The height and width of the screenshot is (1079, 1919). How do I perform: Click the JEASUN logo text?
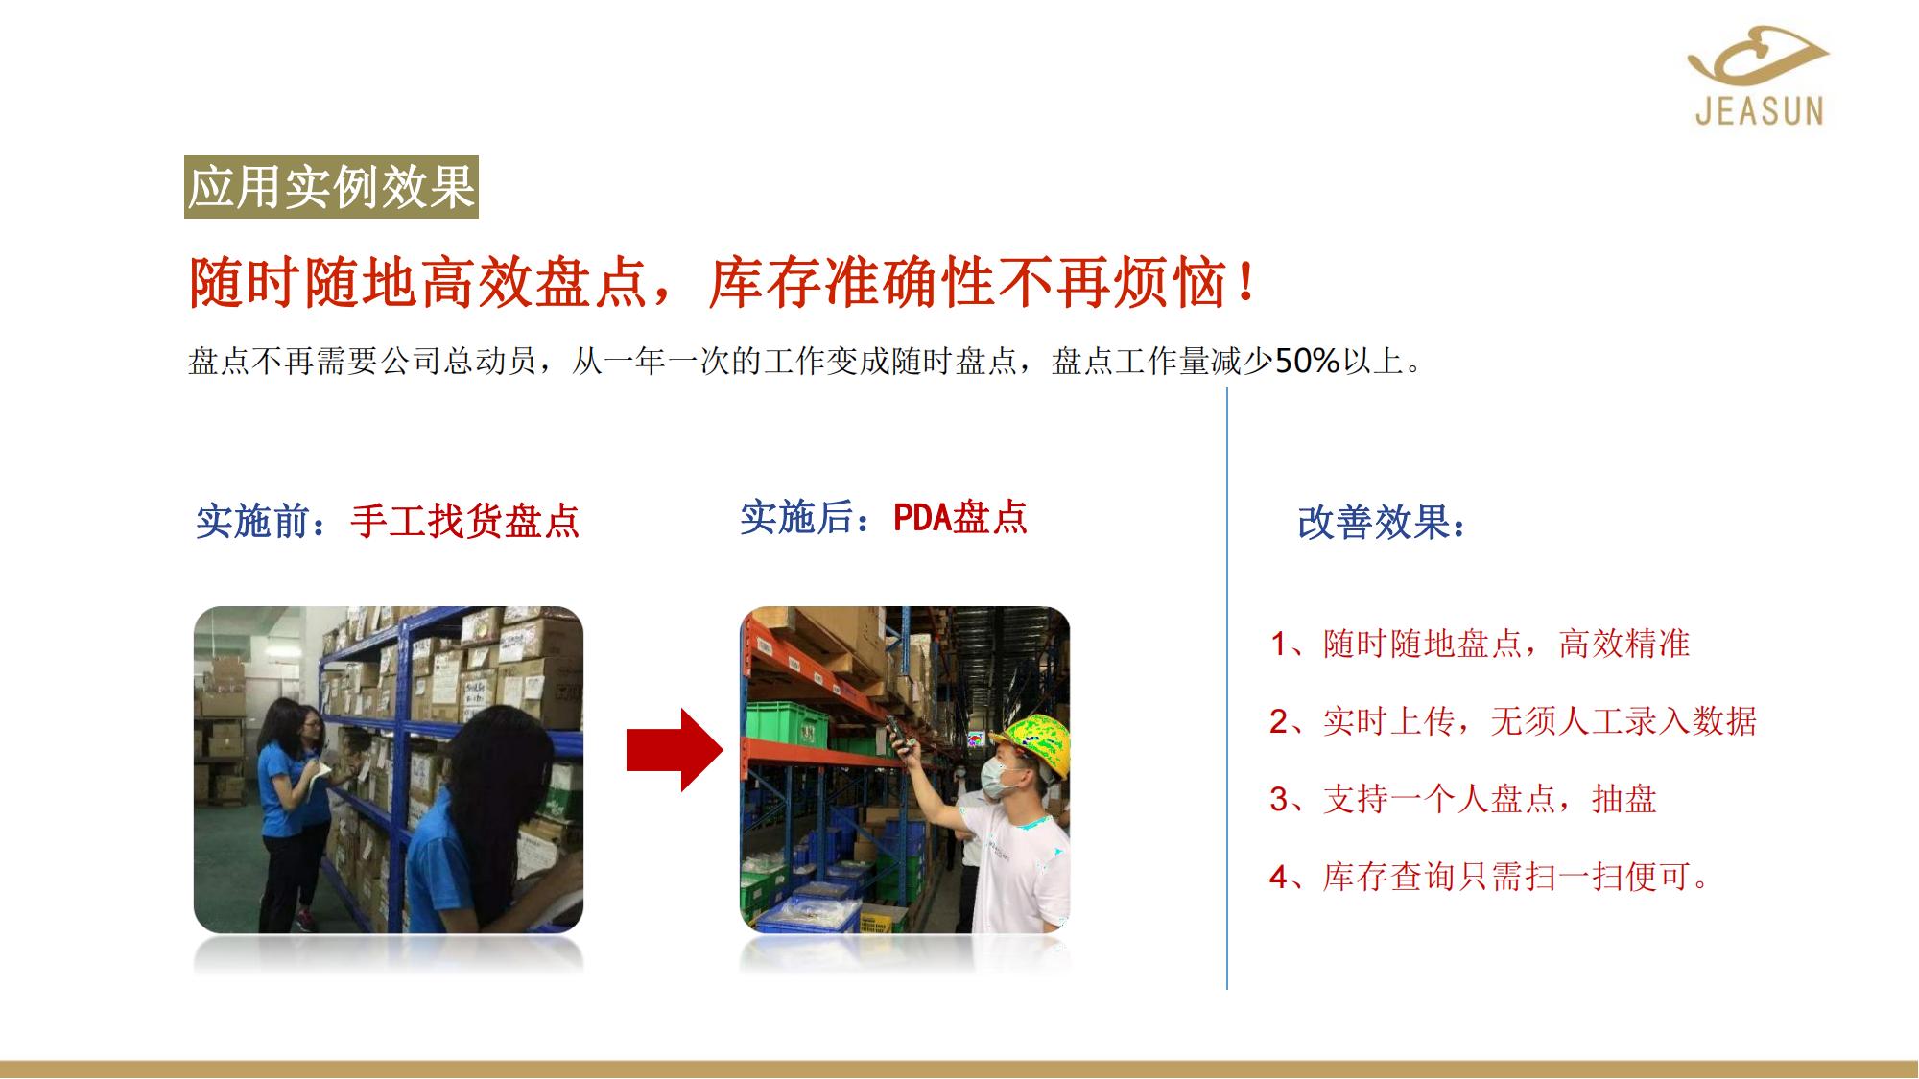click(1759, 110)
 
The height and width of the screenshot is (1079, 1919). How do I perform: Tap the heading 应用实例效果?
click(331, 187)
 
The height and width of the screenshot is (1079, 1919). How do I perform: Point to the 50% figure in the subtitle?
click(1307, 361)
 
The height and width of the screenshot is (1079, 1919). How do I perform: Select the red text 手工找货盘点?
click(465, 521)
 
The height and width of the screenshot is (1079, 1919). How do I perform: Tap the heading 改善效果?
click(1382, 523)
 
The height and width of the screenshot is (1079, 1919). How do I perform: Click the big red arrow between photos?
click(675, 750)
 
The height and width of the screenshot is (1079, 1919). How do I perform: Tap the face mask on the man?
click(999, 774)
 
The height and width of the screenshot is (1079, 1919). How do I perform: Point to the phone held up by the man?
click(897, 735)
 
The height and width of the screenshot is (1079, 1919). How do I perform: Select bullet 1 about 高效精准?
click(1480, 644)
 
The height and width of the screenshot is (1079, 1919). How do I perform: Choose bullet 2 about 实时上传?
click(1513, 721)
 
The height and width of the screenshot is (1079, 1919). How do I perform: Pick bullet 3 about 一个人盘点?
click(1463, 799)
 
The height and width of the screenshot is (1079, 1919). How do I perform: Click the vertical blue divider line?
click(1227, 689)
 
